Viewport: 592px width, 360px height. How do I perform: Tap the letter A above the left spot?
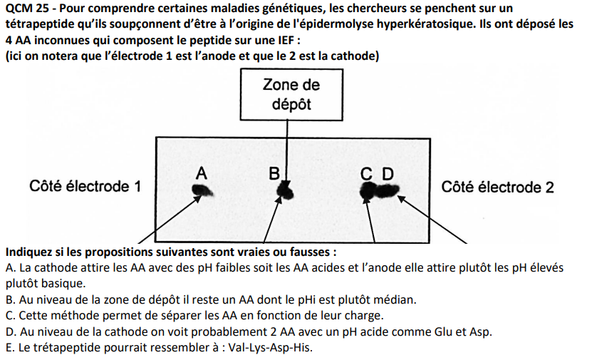(x=202, y=173)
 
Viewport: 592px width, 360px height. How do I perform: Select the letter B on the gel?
(x=274, y=173)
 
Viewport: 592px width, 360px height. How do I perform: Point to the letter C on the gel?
(x=366, y=173)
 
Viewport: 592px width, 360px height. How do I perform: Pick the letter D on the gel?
(x=387, y=173)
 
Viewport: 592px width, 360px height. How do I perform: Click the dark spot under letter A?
(x=203, y=190)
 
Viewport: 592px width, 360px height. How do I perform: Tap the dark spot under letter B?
(x=286, y=190)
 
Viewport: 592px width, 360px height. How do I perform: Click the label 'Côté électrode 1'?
(x=85, y=187)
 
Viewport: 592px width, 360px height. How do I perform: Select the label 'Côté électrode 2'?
(x=497, y=187)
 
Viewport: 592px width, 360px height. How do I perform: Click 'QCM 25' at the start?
(x=25, y=8)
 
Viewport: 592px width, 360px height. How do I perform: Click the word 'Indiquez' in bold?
(x=28, y=252)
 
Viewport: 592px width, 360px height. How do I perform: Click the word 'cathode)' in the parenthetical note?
(x=355, y=56)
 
